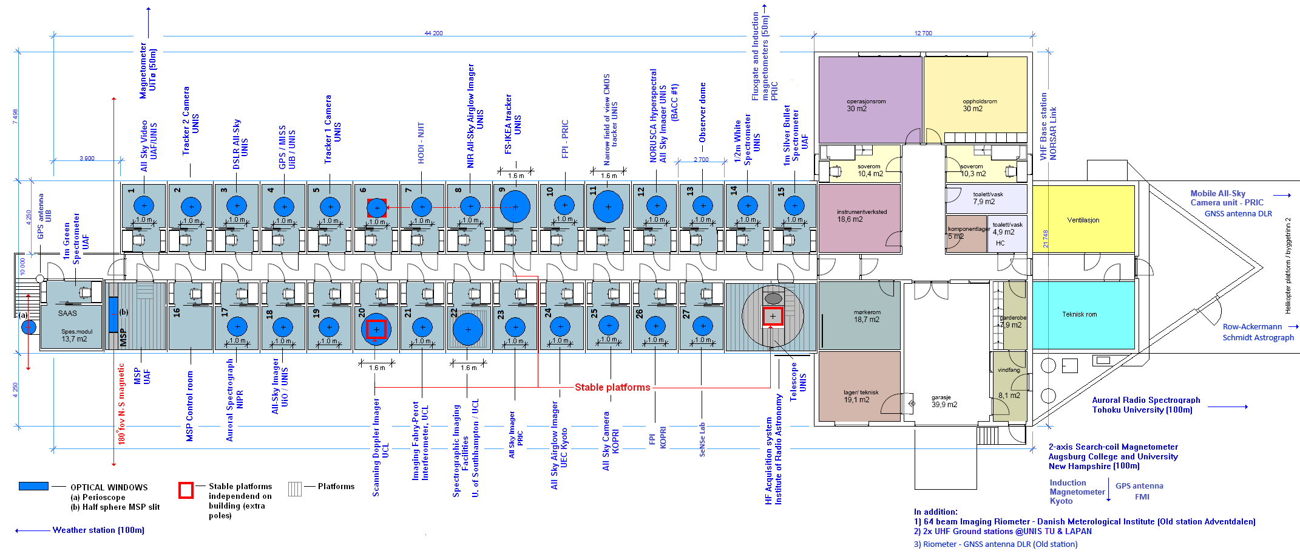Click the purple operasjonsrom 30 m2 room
tap(869, 100)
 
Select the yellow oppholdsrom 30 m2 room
tap(975, 100)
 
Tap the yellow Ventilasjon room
tap(1083, 219)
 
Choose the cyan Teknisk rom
tap(1083, 314)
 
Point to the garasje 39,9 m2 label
tap(944, 401)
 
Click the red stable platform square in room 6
tap(377, 208)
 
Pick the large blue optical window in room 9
tap(515, 207)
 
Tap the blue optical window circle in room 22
tap(467, 329)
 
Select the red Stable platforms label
tap(612, 387)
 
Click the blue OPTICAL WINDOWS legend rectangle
tap(33, 486)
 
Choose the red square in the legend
tap(186, 490)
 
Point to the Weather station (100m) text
tap(98, 530)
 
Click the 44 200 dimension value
tap(433, 33)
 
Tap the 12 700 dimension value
tap(923, 33)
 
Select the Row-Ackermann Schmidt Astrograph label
tap(1258, 332)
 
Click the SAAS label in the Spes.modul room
tap(67, 314)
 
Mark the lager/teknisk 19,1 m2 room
tap(859, 395)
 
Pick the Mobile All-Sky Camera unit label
tap(1226, 198)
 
